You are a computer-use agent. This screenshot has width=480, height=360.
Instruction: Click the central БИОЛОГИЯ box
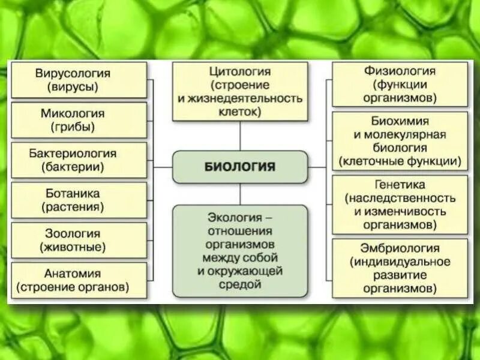[x=240, y=167]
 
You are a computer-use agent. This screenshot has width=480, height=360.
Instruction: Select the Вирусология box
[x=79, y=80]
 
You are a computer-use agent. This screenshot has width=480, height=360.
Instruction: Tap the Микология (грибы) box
[x=79, y=120]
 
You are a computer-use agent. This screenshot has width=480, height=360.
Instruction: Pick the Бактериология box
[x=79, y=160]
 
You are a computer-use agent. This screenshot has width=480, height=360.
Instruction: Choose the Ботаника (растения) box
[x=79, y=200]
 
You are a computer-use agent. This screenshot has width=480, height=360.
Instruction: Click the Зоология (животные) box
[x=79, y=240]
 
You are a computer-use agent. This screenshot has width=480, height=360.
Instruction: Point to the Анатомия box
[x=79, y=280]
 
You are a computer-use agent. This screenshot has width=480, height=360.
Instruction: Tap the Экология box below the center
[x=240, y=251]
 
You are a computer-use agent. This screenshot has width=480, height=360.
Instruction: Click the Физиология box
[x=400, y=84]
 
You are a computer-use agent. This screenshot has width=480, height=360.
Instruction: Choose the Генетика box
[x=400, y=204]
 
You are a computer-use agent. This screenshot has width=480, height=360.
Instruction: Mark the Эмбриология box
[x=400, y=268]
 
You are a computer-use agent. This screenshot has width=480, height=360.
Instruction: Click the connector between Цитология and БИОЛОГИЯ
[x=240, y=136]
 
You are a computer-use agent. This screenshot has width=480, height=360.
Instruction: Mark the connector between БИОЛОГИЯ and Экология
[x=240, y=194]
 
